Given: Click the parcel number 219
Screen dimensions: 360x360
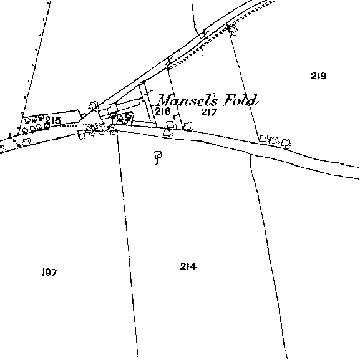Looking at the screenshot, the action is tap(318, 75).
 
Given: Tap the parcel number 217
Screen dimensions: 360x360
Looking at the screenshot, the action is tap(209, 112).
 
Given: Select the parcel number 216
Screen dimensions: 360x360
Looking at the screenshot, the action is tap(163, 111).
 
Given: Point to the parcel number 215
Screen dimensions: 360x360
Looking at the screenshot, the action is tap(53, 120).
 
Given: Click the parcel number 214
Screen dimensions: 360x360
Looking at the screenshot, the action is tap(188, 266).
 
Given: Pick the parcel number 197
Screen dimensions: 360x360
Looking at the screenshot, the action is tap(49, 272).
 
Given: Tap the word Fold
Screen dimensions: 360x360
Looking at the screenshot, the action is tap(240, 100).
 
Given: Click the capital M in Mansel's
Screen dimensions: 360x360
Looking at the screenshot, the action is tap(167, 100).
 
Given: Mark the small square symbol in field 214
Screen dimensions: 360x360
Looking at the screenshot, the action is tap(158, 154).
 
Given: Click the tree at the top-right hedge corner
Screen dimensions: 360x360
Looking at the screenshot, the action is tap(233, 29).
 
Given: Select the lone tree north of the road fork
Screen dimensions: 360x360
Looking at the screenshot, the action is tap(94, 105).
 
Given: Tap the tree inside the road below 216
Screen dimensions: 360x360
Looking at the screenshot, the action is tap(168, 133).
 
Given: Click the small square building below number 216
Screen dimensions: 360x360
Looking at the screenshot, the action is tap(170, 124).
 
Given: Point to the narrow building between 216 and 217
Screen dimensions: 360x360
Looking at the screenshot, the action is tap(177, 121).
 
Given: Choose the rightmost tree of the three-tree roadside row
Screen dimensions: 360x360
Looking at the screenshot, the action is tap(286, 143).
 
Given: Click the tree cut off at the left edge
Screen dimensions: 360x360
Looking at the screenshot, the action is tap(2, 148).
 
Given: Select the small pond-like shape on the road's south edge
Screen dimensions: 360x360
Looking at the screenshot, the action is tap(82, 135).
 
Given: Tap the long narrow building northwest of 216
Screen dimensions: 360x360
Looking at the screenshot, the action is tap(128, 104).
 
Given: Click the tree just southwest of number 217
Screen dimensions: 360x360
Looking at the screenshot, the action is tap(188, 127).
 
